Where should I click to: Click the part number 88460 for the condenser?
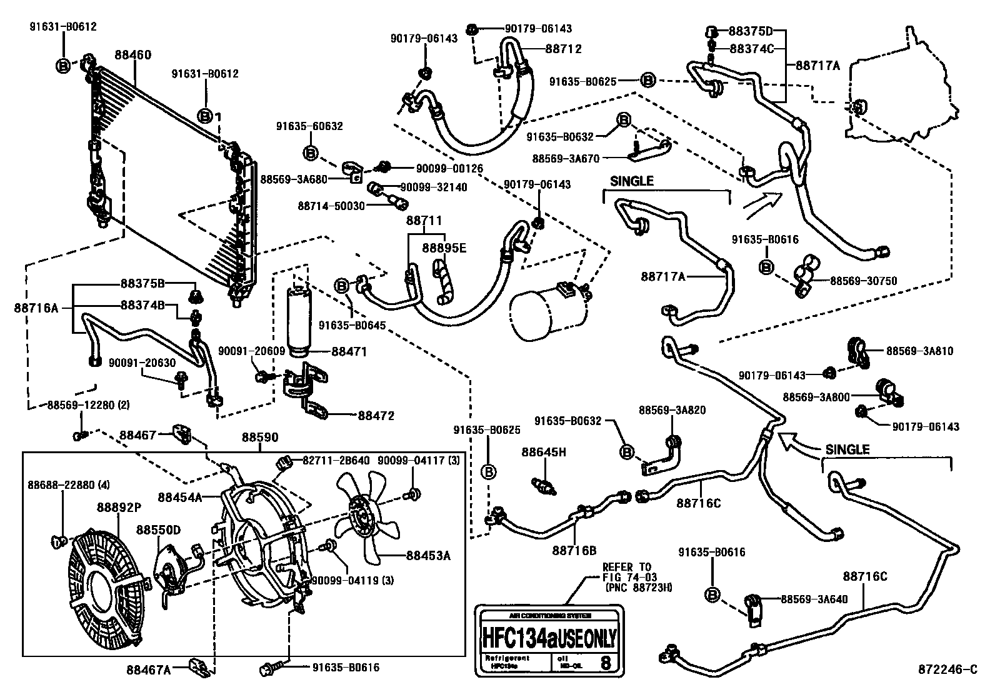pyautogui.click(x=132, y=55)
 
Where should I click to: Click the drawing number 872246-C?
pyautogui.click(x=947, y=669)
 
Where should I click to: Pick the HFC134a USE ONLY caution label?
pyautogui.click(x=549, y=639)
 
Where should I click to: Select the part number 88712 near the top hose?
pyautogui.click(x=563, y=48)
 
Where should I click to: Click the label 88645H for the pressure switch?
pyautogui.click(x=544, y=452)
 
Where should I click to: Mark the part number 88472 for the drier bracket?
pyautogui.click(x=376, y=415)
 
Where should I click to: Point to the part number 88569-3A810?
pyautogui.click(x=919, y=351)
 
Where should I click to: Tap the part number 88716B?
pyautogui.click(x=574, y=551)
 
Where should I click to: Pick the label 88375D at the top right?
pyautogui.click(x=751, y=31)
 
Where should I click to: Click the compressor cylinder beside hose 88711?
pyautogui.click(x=548, y=313)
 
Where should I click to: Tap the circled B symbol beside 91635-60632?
pyautogui.click(x=311, y=153)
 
